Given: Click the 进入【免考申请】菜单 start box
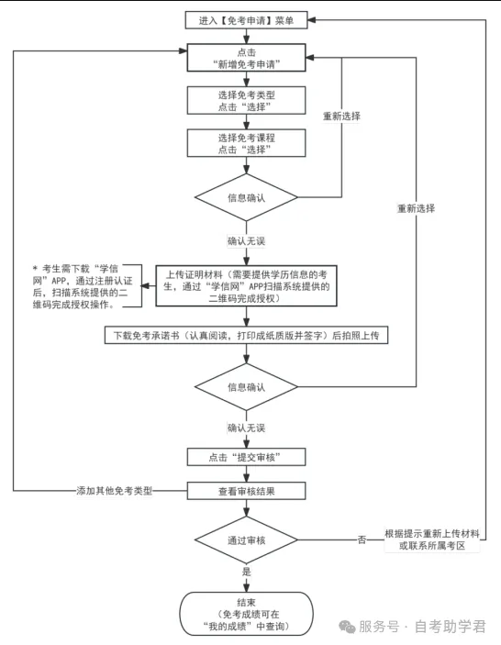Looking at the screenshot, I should [x=246, y=19].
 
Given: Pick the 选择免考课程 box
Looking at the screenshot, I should [x=246, y=142].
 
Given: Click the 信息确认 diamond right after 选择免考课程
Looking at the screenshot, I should [x=246, y=197].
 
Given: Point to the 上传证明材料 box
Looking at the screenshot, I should [x=246, y=285].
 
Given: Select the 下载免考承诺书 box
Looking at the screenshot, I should [x=246, y=335].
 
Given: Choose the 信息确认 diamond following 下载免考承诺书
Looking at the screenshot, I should [x=246, y=387].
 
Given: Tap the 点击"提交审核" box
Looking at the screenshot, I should [x=246, y=456].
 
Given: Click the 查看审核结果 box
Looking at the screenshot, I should [x=246, y=491].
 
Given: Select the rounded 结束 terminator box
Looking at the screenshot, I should [x=246, y=612].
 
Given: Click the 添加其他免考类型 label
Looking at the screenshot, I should [x=114, y=491].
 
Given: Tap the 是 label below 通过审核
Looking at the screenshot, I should [x=246, y=571].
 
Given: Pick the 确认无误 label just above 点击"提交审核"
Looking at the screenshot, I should [x=246, y=428].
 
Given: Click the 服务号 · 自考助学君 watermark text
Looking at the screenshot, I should [x=421, y=628].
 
